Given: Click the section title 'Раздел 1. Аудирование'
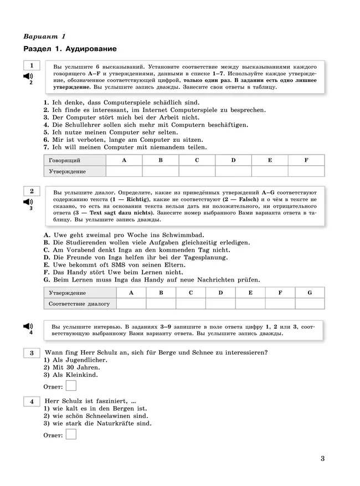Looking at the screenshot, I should click(70, 49).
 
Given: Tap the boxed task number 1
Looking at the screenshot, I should click(32, 66).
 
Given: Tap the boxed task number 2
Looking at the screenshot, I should click(32, 191).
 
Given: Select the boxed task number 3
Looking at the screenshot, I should click(32, 352).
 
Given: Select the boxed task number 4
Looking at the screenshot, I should click(32, 401).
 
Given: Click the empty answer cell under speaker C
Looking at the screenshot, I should click(197, 171).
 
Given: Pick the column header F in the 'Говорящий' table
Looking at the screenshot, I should click(306, 160).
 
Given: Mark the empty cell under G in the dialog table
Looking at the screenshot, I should click(310, 304).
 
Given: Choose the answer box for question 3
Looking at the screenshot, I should click(71, 386).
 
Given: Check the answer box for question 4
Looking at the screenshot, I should click(71, 434).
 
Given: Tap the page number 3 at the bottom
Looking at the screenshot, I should click(322, 458).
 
